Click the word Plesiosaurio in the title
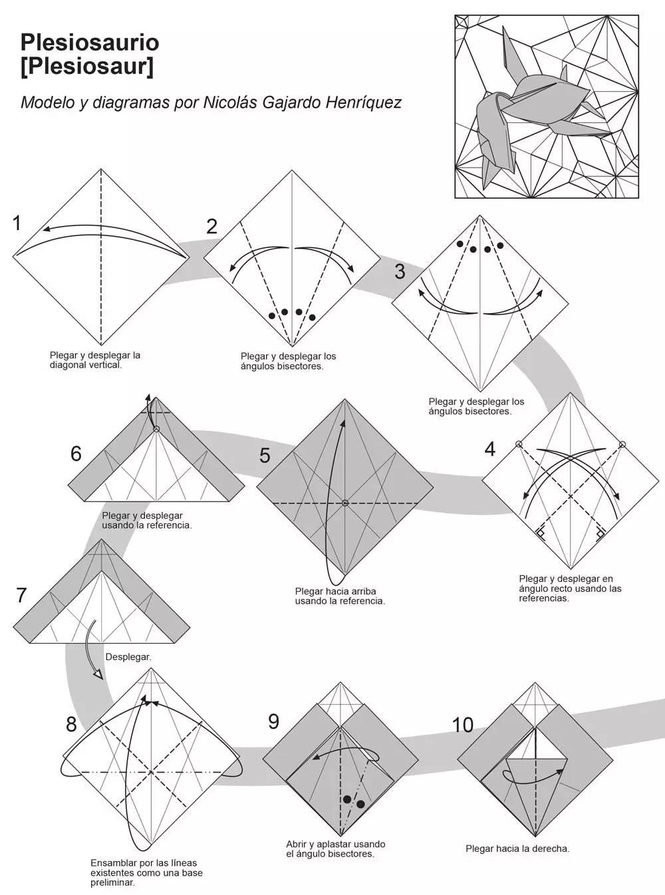click(x=90, y=43)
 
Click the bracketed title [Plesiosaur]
click(x=86, y=66)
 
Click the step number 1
click(x=18, y=223)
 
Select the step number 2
click(x=211, y=226)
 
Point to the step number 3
click(x=400, y=271)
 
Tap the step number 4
click(x=489, y=449)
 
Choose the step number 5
click(x=265, y=455)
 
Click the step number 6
click(x=76, y=453)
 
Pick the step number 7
click(x=21, y=594)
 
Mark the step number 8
click(x=71, y=724)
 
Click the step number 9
click(x=273, y=721)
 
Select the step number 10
click(x=463, y=725)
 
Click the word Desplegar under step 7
click(x=128, y=657)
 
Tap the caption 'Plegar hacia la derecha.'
click(x=517, y=848)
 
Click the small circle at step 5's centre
click(x=345, y=503)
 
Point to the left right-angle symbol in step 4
click(x=541, y=533)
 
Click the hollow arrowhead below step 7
click(x=98, y=674)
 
